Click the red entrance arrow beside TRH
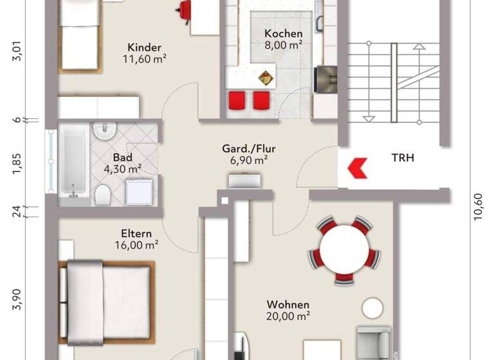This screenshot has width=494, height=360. click(355, 168)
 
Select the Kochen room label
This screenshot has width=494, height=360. click(283, 33)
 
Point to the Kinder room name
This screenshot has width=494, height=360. click(144, 48)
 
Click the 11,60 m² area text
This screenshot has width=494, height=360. click(145, 59)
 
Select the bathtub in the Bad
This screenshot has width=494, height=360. click(72, 163)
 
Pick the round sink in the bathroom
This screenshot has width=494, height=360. click(102, 132)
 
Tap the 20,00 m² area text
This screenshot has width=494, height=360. click(288, 316)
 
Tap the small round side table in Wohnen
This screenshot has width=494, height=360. click(371, 308)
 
